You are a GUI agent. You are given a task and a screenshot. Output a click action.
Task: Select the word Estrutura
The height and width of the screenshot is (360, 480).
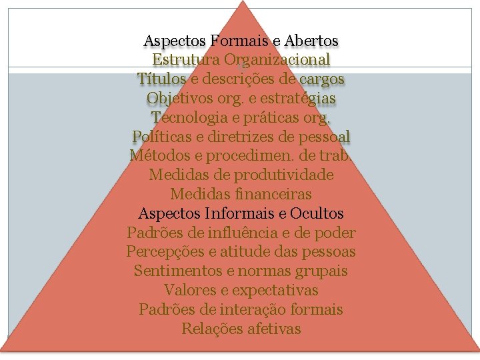[186, 60]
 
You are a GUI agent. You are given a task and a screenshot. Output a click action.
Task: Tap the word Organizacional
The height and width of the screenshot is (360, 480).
[277, 60]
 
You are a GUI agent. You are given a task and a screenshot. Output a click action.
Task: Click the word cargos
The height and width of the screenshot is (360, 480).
[321, 79]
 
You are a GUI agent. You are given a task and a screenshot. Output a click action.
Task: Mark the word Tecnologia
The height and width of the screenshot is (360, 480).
[189, 117]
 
